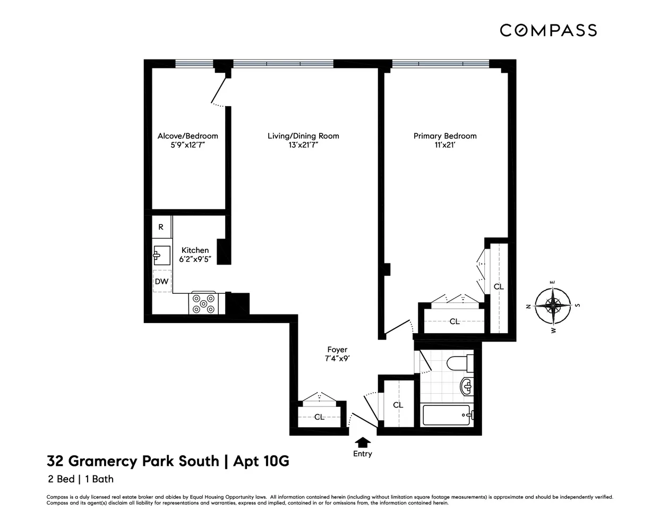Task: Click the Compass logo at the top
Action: click(548, 30)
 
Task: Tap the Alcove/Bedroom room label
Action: click(187, 136)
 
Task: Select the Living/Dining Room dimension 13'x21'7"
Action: click(303, 145)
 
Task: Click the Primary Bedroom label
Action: click(445, 136)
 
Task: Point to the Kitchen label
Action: click(195, 250)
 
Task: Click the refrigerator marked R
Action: click(161, 227)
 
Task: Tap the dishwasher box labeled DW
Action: click(161, 282)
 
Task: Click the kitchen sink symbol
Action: click(161, 255)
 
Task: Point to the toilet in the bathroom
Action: click(457, 364)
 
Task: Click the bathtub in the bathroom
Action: click(446, 415)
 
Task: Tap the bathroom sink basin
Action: click(466, 386)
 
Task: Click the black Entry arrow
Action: click(363, 441)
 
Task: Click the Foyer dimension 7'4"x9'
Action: click(337, 359)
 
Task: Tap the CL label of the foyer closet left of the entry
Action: click(319, 417)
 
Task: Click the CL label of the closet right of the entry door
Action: click(398, 405)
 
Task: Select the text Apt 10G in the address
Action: click(261, 461)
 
